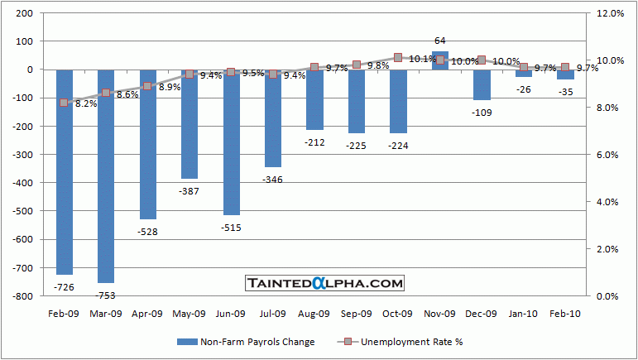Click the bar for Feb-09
pos(64,171)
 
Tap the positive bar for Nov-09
pos(440,60)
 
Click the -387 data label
pos(189,190)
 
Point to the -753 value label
pos(106,295)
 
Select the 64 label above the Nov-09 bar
pos(440,41)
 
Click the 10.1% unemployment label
pos(423,59)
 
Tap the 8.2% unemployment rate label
pos(86,104)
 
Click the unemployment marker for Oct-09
pos(398,58)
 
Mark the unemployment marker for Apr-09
pos(147,86)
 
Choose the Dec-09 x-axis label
pos(482,314)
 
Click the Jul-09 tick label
pos(272,314)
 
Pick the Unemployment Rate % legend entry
pos(415,342)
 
